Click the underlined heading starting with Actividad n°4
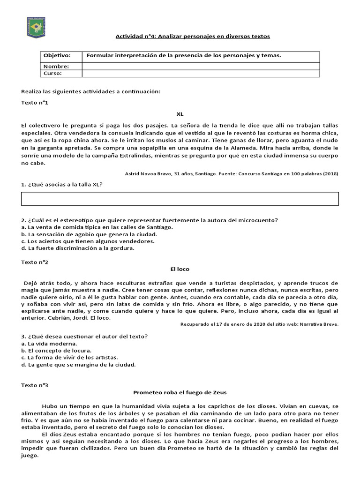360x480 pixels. point(193,36)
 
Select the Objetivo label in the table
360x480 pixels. point(57,56)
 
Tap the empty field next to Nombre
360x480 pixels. point(201,67)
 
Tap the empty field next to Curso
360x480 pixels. point(201,74)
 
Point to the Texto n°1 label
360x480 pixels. point(35,102)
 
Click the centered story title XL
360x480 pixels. point(180,114)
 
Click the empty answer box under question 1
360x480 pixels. point(180,199)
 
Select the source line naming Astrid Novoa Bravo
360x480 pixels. point(232,173)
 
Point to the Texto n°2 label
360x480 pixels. point(35,262)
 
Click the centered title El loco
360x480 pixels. point(180,269)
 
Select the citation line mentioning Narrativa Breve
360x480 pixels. point(259,324)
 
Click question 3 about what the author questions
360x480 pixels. point(85,336)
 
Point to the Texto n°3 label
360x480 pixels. point(35,385)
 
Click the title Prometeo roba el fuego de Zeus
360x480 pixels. point(180,392)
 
